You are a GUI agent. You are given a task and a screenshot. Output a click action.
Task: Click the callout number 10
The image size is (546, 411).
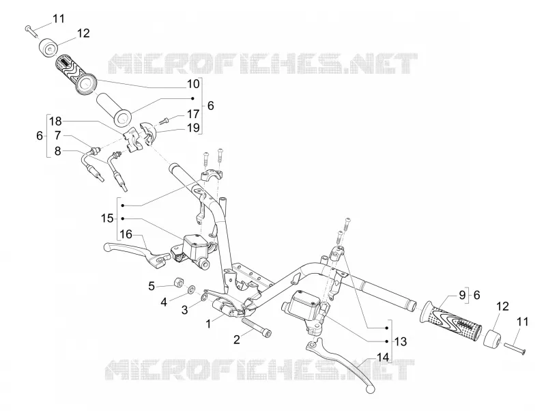coord(193,84)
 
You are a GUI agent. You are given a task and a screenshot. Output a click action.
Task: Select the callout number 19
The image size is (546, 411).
coord(193,128)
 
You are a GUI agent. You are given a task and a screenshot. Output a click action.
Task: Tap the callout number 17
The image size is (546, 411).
coord(193,114)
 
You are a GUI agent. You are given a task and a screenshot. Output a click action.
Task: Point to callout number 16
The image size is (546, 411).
coord(126,234)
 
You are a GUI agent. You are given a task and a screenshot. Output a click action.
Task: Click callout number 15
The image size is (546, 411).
coord(107,218)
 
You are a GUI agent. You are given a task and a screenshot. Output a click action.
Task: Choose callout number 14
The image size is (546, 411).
coord(382,356)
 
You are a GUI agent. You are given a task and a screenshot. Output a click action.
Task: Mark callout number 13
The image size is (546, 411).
coord(401,341)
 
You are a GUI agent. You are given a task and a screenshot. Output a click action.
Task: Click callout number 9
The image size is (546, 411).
coord(462,295)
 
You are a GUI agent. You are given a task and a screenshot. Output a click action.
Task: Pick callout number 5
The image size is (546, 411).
coord(152,286)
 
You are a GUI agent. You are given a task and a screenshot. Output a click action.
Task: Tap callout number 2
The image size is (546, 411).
coord(237,339)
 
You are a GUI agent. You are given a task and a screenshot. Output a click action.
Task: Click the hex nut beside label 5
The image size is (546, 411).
coord(178,281)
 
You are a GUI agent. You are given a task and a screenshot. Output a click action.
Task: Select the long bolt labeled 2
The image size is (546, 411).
coord(257,328)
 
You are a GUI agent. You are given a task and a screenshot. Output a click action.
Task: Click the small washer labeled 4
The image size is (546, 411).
coord(191,289)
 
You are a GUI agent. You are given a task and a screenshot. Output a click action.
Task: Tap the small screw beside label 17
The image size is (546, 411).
coord(164,121)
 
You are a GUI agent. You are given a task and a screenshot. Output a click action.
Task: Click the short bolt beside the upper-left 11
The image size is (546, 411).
coord(31,31)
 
